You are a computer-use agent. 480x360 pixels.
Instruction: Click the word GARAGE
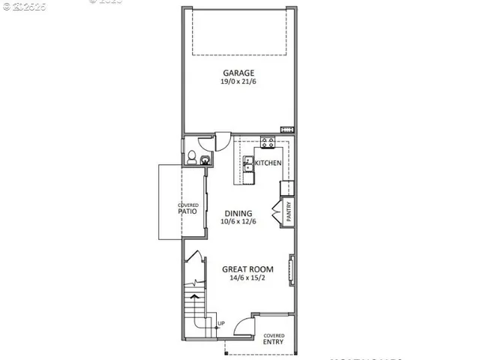(238, 73)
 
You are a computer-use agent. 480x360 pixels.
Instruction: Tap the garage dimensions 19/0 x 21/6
(238, 82)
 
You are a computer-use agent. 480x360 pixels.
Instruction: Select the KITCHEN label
(268, 163)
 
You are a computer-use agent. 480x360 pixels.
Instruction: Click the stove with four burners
(267, 142)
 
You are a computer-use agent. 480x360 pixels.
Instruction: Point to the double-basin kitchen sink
(249, 169)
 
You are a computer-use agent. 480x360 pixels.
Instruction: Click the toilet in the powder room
(192, 158)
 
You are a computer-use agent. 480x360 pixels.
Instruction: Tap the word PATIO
(187, 211)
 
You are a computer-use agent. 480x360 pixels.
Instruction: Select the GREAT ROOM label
(247, 269)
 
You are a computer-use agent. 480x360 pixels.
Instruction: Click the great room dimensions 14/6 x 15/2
(247, 278)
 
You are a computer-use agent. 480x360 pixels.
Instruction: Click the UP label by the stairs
(220, 324)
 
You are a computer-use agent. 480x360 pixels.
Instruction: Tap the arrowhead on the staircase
(196, 297)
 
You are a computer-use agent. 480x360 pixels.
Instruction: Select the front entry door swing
(242, 324)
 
